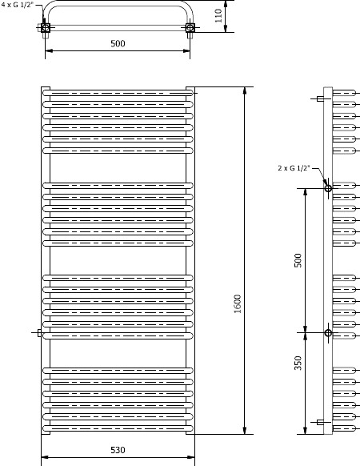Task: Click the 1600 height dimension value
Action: [x=237, y=303]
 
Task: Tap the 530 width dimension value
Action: [x=118, y=450]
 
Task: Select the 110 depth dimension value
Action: [x=218, y=16]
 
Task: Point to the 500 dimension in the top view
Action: [x=118, y=44]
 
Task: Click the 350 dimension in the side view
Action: [x=298, y=363]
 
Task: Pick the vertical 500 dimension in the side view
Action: [x=298, y=260]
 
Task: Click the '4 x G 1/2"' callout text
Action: [x=18, y=5]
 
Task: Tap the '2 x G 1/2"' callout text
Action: [x=294, y=168]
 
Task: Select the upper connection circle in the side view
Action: [x=328, y=188]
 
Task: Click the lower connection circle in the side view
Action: [x=328, y=332]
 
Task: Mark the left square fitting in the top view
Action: [x=46, y=28]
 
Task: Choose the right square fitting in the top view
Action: [x=190, y=28]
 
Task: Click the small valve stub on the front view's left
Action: [x=39, y=333]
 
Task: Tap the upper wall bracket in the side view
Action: [x=320, y=98]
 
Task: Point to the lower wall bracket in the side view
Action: [x=320, y=422]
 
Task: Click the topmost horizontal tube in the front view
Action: [x=118, y=93]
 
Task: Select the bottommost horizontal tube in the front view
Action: [x=118, y=428]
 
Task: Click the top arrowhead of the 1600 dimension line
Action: [x=245, y=90]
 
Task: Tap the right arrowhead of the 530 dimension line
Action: [x=191, y=456]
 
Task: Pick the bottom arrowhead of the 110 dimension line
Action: [x=226, y=29]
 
